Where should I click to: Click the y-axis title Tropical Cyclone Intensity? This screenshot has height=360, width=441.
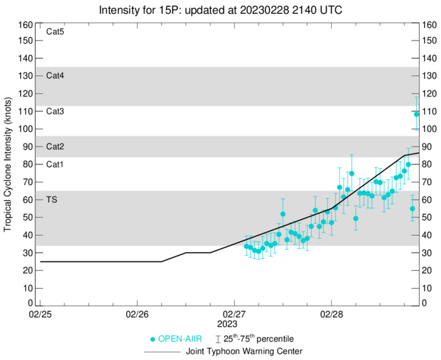click(8, 164)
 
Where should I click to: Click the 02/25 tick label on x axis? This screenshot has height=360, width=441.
click(40, 314)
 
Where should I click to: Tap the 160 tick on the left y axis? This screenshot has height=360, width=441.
click(25, 25)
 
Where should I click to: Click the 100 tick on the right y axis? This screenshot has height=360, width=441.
click(429, 129)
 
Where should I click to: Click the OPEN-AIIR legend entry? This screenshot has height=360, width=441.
click(180, 339)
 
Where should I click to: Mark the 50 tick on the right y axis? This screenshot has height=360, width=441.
click(427, 217)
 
